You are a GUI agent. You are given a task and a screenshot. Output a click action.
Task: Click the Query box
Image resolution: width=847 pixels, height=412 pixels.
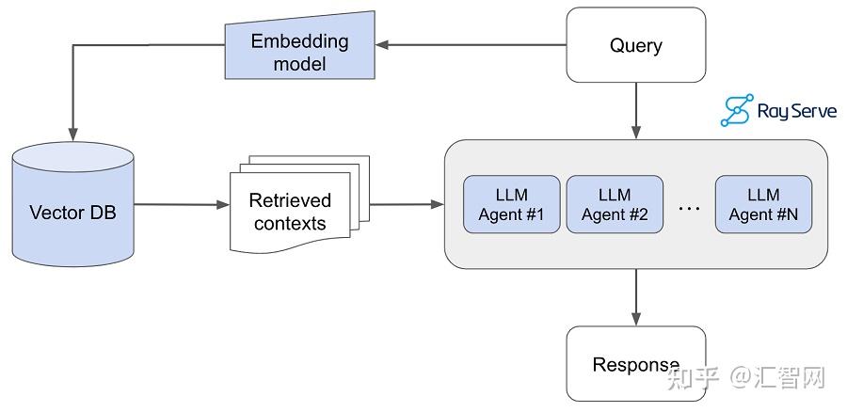636,45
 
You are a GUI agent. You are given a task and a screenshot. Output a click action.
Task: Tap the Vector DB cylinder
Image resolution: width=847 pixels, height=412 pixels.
72,204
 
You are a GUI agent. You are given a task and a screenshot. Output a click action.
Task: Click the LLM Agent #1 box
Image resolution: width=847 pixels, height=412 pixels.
512,204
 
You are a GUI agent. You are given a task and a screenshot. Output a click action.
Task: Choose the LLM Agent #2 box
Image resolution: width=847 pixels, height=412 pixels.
615,204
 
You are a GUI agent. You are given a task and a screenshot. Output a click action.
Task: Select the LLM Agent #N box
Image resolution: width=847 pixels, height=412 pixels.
764,204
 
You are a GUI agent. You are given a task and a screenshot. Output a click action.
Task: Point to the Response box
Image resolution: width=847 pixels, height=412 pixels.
636,363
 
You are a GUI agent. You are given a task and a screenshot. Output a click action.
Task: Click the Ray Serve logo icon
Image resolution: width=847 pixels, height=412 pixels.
737,110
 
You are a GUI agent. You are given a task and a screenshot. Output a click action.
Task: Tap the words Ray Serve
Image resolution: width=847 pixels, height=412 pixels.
797,111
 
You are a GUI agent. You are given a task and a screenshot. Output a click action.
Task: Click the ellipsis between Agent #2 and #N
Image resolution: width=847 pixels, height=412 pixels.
689,208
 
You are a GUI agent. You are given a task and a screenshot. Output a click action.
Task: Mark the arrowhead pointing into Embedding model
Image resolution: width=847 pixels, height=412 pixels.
382,45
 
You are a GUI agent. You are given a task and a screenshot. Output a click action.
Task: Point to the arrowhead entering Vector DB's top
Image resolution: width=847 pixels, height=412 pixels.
72,135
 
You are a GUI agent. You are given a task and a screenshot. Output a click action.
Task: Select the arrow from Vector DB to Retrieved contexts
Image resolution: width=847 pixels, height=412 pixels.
182,204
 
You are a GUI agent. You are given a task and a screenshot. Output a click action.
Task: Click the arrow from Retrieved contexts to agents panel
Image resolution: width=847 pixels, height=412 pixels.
407,204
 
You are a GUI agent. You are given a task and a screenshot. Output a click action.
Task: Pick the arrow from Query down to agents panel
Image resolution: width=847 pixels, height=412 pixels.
636,111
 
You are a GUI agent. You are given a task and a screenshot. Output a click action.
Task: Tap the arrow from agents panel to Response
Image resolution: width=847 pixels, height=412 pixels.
636,297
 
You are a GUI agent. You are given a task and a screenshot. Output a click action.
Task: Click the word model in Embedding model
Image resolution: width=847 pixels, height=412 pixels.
300,64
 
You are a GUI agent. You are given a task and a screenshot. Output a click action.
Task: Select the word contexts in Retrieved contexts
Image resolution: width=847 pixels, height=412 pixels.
290,223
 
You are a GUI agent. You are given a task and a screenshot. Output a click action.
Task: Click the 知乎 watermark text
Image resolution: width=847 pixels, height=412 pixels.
694,377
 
